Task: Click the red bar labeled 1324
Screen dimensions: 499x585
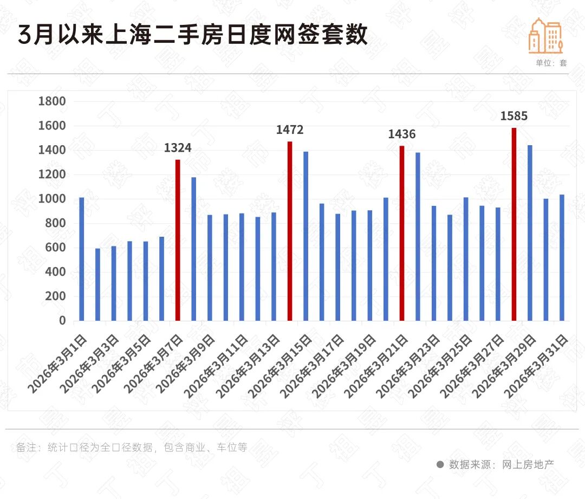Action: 178,240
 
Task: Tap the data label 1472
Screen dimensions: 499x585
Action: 290,130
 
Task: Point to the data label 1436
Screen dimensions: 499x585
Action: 402,134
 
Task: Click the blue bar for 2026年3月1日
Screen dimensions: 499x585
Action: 82,259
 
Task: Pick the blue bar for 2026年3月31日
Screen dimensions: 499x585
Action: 562,257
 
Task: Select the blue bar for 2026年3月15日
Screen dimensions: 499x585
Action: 306,236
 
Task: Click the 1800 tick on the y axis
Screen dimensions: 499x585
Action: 53,101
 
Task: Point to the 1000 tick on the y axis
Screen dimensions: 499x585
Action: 53,199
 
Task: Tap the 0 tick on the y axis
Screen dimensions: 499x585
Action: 62,321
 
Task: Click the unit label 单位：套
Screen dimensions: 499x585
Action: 551,63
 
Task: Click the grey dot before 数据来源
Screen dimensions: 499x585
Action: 440,464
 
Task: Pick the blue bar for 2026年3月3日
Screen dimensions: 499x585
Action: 114,283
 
